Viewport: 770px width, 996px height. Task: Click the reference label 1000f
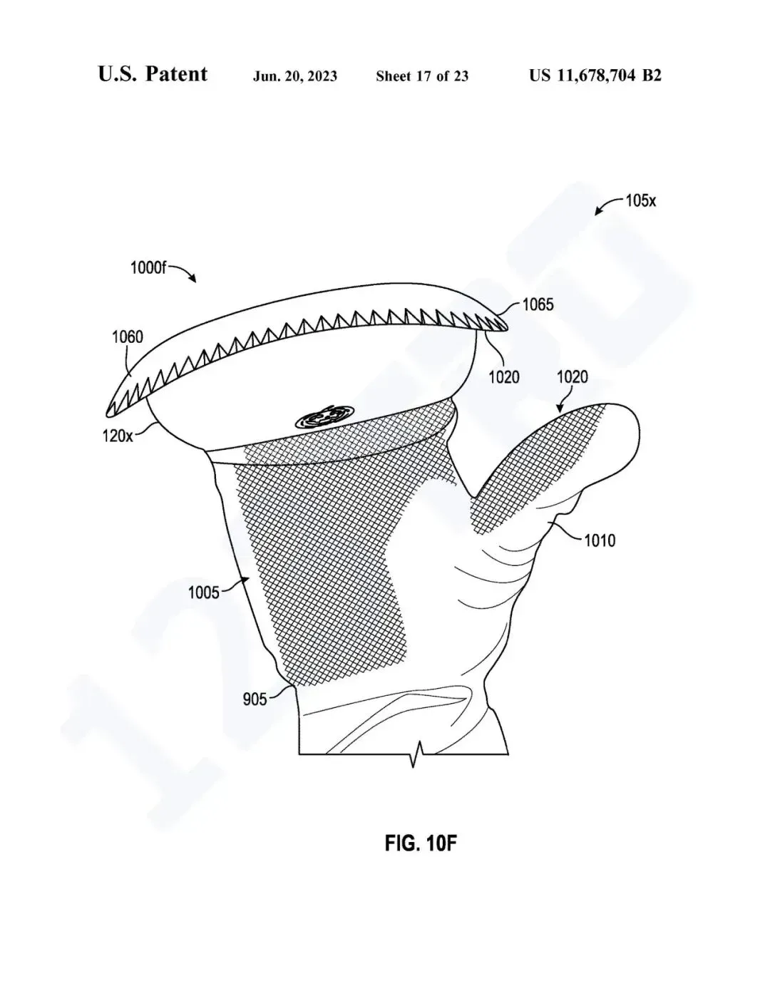pos(148,267)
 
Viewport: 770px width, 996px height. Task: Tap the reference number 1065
pos(538,304)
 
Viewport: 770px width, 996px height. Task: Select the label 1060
pos(128,337)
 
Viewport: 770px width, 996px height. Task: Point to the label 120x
pos(118,436)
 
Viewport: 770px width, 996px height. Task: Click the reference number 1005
pos(203,593)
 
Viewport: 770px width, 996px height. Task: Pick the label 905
pos(255,699)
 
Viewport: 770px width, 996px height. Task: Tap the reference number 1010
pos(600,541)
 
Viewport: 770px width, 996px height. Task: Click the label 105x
pos(641,201)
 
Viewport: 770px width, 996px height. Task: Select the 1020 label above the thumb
pos(572,377)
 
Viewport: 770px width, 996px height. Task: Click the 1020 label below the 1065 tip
pos(504,377)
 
